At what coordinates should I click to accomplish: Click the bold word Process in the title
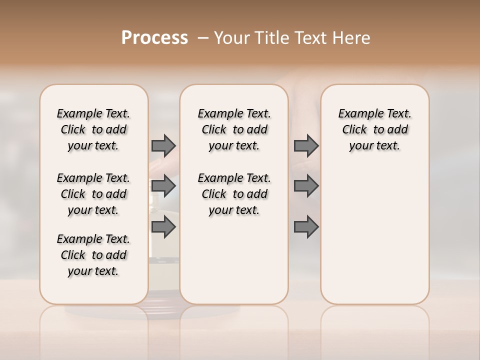tap(154, 38)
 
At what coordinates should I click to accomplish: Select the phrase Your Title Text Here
tap(292, 38)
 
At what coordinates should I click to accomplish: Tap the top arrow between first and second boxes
tap(163, 146)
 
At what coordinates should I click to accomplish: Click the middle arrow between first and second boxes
tap(163, 186)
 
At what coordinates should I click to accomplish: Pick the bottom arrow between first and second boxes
tap(163, 227)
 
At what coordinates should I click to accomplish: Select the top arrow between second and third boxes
tap(306, 146)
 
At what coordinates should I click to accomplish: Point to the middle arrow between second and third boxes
tap(306, 186)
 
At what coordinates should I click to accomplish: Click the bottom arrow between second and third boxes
tap(306, 227)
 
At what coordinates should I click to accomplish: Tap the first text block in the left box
tap(93, 129)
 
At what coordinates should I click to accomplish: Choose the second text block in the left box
tap(93, 194)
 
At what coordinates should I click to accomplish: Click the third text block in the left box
tap(93, 255)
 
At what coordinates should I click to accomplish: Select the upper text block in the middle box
tap(234, 129)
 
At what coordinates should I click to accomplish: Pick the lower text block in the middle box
tap(234, 194)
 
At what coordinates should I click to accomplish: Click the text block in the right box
tap(374, 129)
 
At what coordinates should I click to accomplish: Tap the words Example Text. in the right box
tap(374, 114)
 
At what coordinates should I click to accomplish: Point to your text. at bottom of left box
tap(93, 271)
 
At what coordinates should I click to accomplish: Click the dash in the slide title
tap(203, 38)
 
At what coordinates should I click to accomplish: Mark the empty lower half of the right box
tap(374, 235)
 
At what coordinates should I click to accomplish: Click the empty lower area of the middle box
tap(234, 260)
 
